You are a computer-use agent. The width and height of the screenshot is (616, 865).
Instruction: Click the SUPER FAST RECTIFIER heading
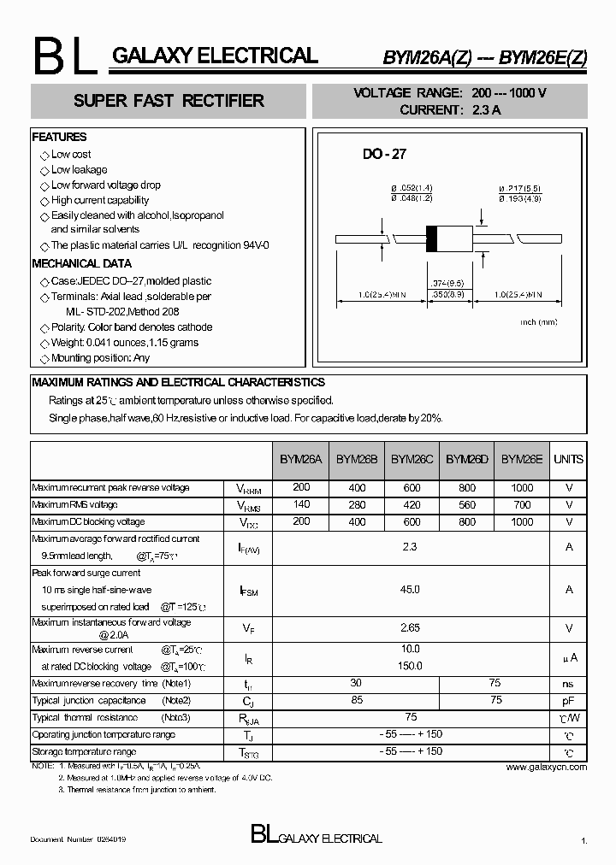click(169, 101)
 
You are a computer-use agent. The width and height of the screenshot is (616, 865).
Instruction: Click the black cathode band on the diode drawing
click(432, 238)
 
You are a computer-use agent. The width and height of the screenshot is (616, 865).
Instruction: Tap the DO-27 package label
click(384, 155)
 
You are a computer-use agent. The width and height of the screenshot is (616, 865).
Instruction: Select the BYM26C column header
click(412, 459)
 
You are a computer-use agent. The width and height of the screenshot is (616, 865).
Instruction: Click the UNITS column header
click(569, 459)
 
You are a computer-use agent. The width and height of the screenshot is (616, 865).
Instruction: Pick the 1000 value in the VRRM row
click(522, 488)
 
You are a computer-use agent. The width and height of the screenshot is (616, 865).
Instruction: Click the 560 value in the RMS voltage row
click(467, 505)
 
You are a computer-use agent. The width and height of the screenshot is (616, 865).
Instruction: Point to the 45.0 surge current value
click(411, 590)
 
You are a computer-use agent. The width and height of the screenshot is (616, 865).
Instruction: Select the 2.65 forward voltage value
click(411, 628)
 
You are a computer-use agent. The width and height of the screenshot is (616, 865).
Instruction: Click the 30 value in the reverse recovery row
click(357, 684)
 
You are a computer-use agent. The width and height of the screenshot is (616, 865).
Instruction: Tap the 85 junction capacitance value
click(357, 701)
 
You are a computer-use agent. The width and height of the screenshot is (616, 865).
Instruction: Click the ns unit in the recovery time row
click(569, 684)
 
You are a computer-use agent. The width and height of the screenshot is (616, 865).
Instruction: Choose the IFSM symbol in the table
click(248, 591)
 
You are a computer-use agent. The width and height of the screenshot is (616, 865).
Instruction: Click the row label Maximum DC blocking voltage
click(88, 521)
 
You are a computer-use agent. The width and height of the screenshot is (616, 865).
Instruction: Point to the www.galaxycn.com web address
click(547, 768)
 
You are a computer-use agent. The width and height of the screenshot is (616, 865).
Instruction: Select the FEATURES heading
click(59, 137)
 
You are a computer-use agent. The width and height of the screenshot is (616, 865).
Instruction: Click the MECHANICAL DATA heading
click(82, 264)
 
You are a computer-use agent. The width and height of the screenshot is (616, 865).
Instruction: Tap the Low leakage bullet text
click(80, 170)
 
